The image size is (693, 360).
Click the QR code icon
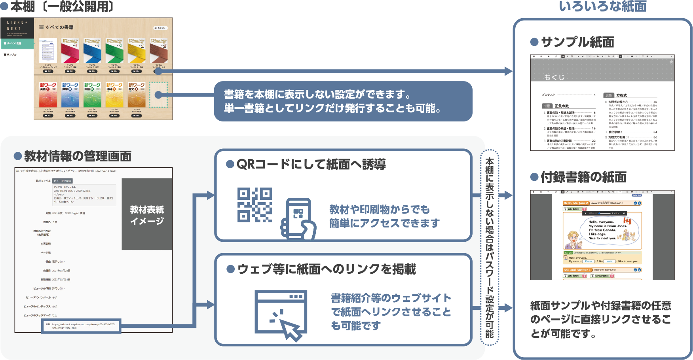tap(254, 205)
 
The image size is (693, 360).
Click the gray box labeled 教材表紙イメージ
tap(147, 214)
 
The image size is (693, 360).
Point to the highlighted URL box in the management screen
tap(81, 326)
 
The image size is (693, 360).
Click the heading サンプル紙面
tap(577, 42)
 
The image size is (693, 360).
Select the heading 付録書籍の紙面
tap(583, 177)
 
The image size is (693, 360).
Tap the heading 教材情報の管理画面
tap(78, 156)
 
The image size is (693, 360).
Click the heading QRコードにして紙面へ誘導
tap(311, 164)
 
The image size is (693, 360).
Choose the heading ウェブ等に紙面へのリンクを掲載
tap(327, 269)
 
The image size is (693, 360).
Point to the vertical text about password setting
tap(490, 248)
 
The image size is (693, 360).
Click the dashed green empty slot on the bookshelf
tap(158, 95)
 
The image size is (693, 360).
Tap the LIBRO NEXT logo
tap(17, 26)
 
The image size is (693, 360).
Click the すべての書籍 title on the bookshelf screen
tap(59, 27)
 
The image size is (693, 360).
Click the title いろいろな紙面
tap(602, 7)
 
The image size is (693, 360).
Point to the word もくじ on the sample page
tap(554, 77)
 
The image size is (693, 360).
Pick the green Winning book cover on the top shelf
tap(114, 51)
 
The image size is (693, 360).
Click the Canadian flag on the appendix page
tap(627, 221)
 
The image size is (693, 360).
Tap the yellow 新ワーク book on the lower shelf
tap(114, 95)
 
